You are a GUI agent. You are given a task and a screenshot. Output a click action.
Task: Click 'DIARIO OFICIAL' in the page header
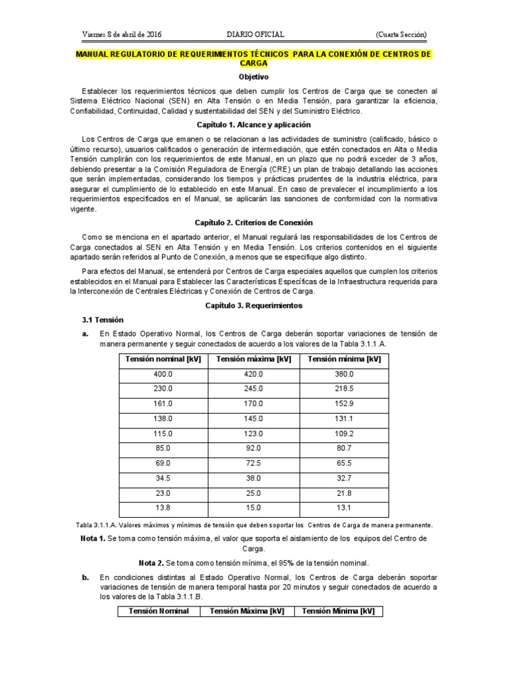tap(255, 34)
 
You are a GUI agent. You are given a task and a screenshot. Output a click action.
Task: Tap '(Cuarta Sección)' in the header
tap(401, 34)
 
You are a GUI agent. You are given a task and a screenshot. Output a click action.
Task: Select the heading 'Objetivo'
tap(254, 77)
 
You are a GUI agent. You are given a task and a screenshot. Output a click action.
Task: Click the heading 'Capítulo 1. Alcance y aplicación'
tap(254, 124)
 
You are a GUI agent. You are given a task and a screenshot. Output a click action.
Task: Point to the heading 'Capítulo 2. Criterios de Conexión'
tap(254, 222)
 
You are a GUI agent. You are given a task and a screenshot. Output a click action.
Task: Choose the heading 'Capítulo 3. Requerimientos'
tap(254, 306)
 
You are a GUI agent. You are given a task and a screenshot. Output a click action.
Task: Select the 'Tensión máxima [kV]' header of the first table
tap(254, 360)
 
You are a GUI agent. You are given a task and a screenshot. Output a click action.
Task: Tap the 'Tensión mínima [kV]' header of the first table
tap(345, 360)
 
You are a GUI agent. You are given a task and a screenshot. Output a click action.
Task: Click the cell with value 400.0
tap(163, 374)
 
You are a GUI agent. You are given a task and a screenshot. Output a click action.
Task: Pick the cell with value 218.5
tap(345, 389)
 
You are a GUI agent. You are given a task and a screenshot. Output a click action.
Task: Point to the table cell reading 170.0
tap(254, 403)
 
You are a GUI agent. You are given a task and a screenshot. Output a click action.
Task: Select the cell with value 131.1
tap(345, 418)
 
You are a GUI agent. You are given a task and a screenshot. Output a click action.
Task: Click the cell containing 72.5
tap(254, 463)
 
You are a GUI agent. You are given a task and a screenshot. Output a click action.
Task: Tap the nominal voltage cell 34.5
tap(163, 478)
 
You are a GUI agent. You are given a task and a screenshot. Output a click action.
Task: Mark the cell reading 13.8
tap(163, 508)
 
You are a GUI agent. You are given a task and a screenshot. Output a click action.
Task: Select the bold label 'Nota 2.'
tap(151, 563)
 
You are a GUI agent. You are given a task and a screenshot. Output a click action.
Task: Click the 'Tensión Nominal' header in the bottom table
tap(159, 611)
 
